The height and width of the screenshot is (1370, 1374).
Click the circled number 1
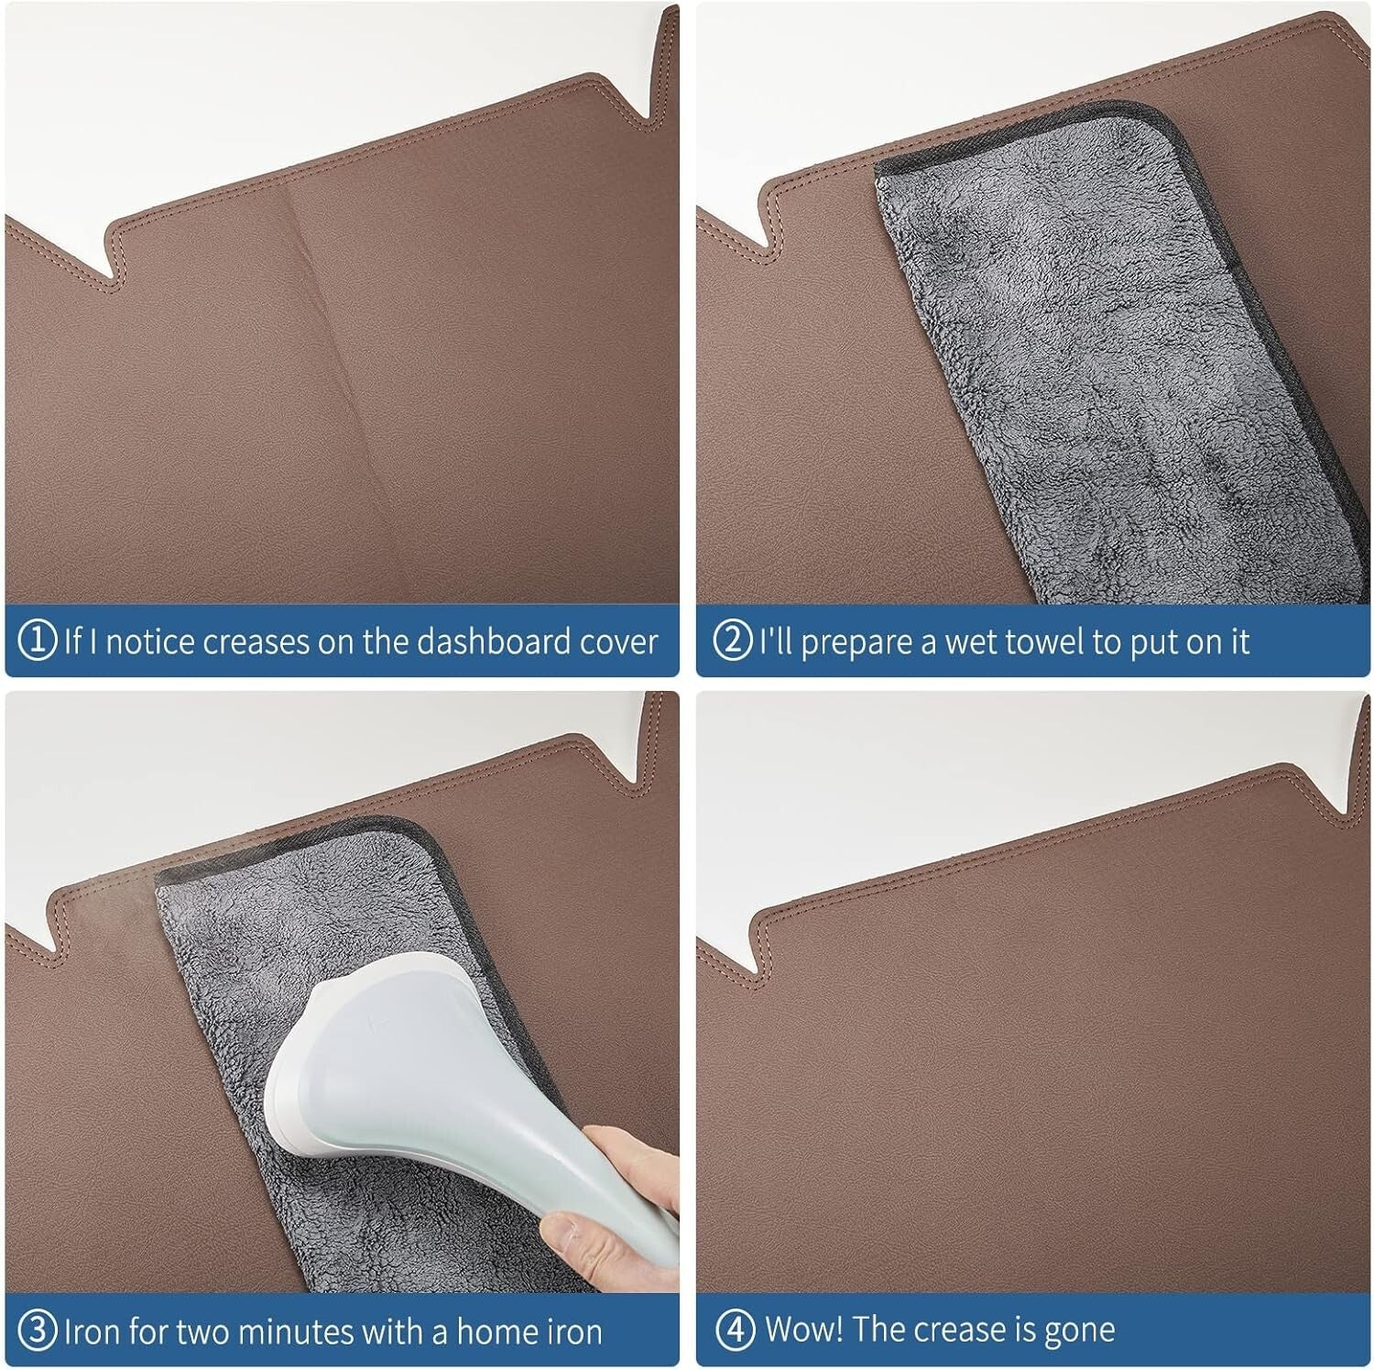point(38,641)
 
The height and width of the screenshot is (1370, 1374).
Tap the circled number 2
point(732,641)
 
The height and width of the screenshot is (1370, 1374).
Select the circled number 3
point(38,1330)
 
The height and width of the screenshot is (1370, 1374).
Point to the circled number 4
point(734,1330)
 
